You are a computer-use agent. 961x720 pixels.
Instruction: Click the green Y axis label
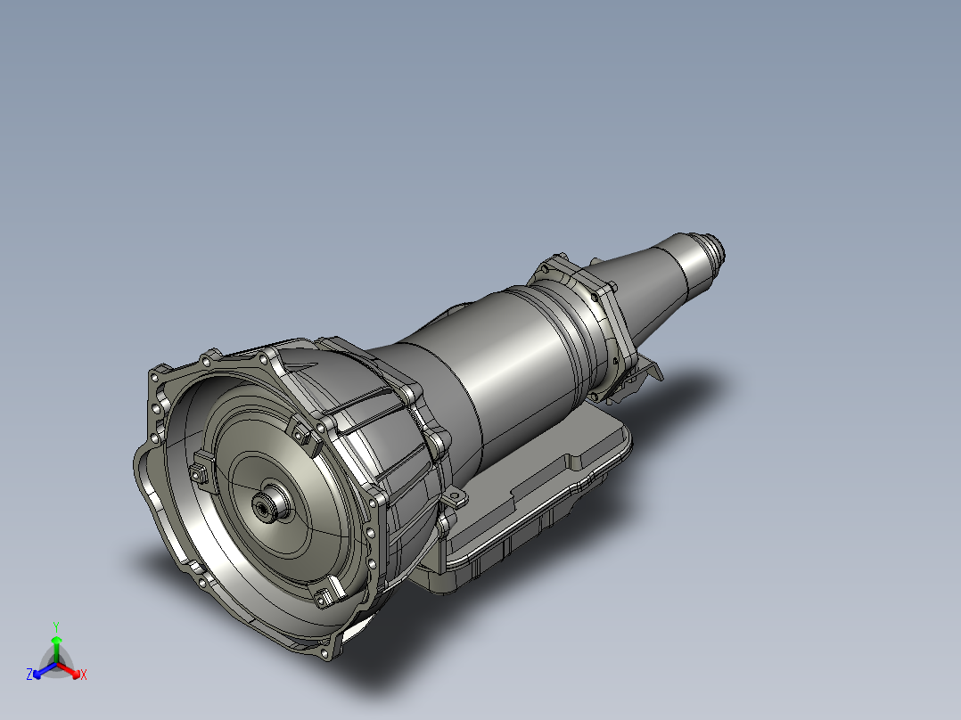pyautogui.click(x=55, y=626)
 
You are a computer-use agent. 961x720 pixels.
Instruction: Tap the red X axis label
pyautogui.click(x=84, y=675)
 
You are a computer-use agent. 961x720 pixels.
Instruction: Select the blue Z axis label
pyautogui.click(x=29, y=675)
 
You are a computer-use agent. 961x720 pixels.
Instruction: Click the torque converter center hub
pyautogui.click(x=266, y=507)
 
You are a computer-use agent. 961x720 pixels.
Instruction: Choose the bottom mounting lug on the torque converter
pyautogui.click(x=330, y=595)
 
